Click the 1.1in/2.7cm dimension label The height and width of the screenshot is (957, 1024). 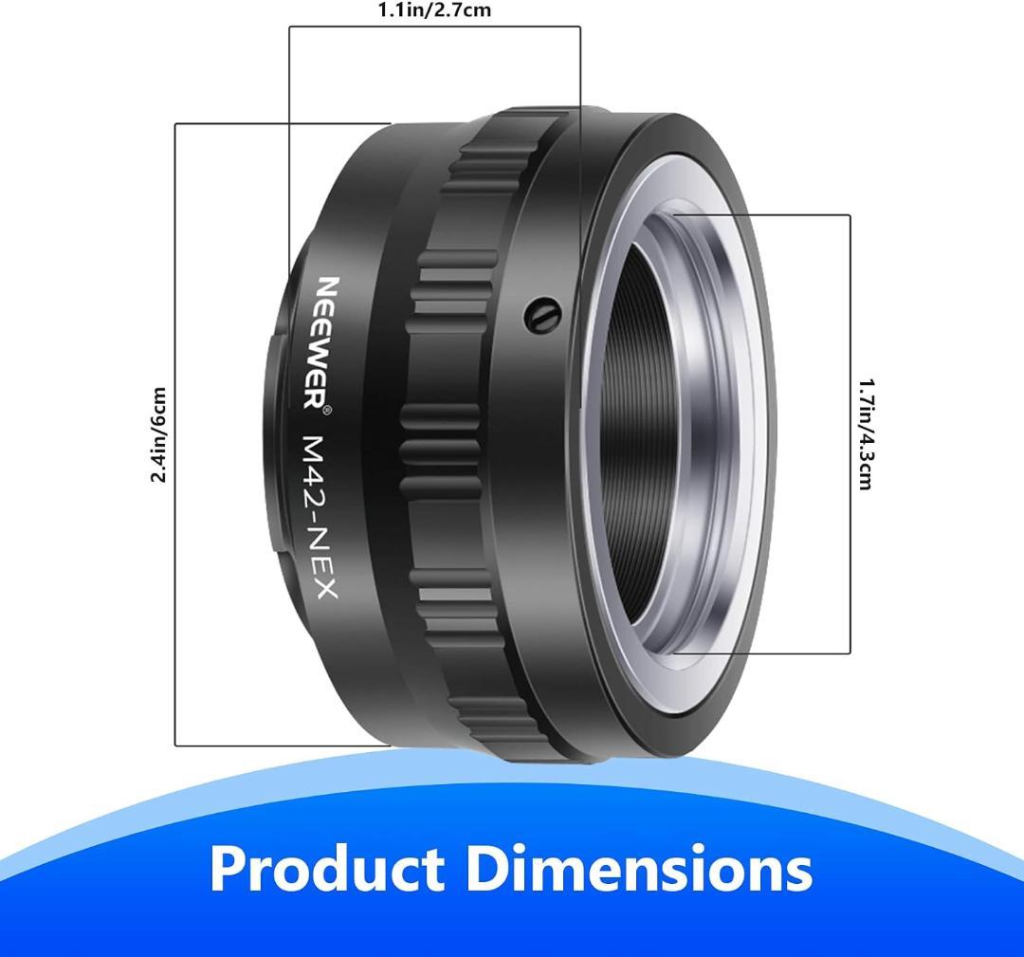click(x=435, y=10)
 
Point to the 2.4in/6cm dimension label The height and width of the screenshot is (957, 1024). click(x=158, y=435)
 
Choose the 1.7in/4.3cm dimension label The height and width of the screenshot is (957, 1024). click(x=866, y=435)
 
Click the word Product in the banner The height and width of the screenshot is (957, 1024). click(x=326, y=870)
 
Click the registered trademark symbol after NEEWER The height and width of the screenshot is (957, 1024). click(x=328, y=410)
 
